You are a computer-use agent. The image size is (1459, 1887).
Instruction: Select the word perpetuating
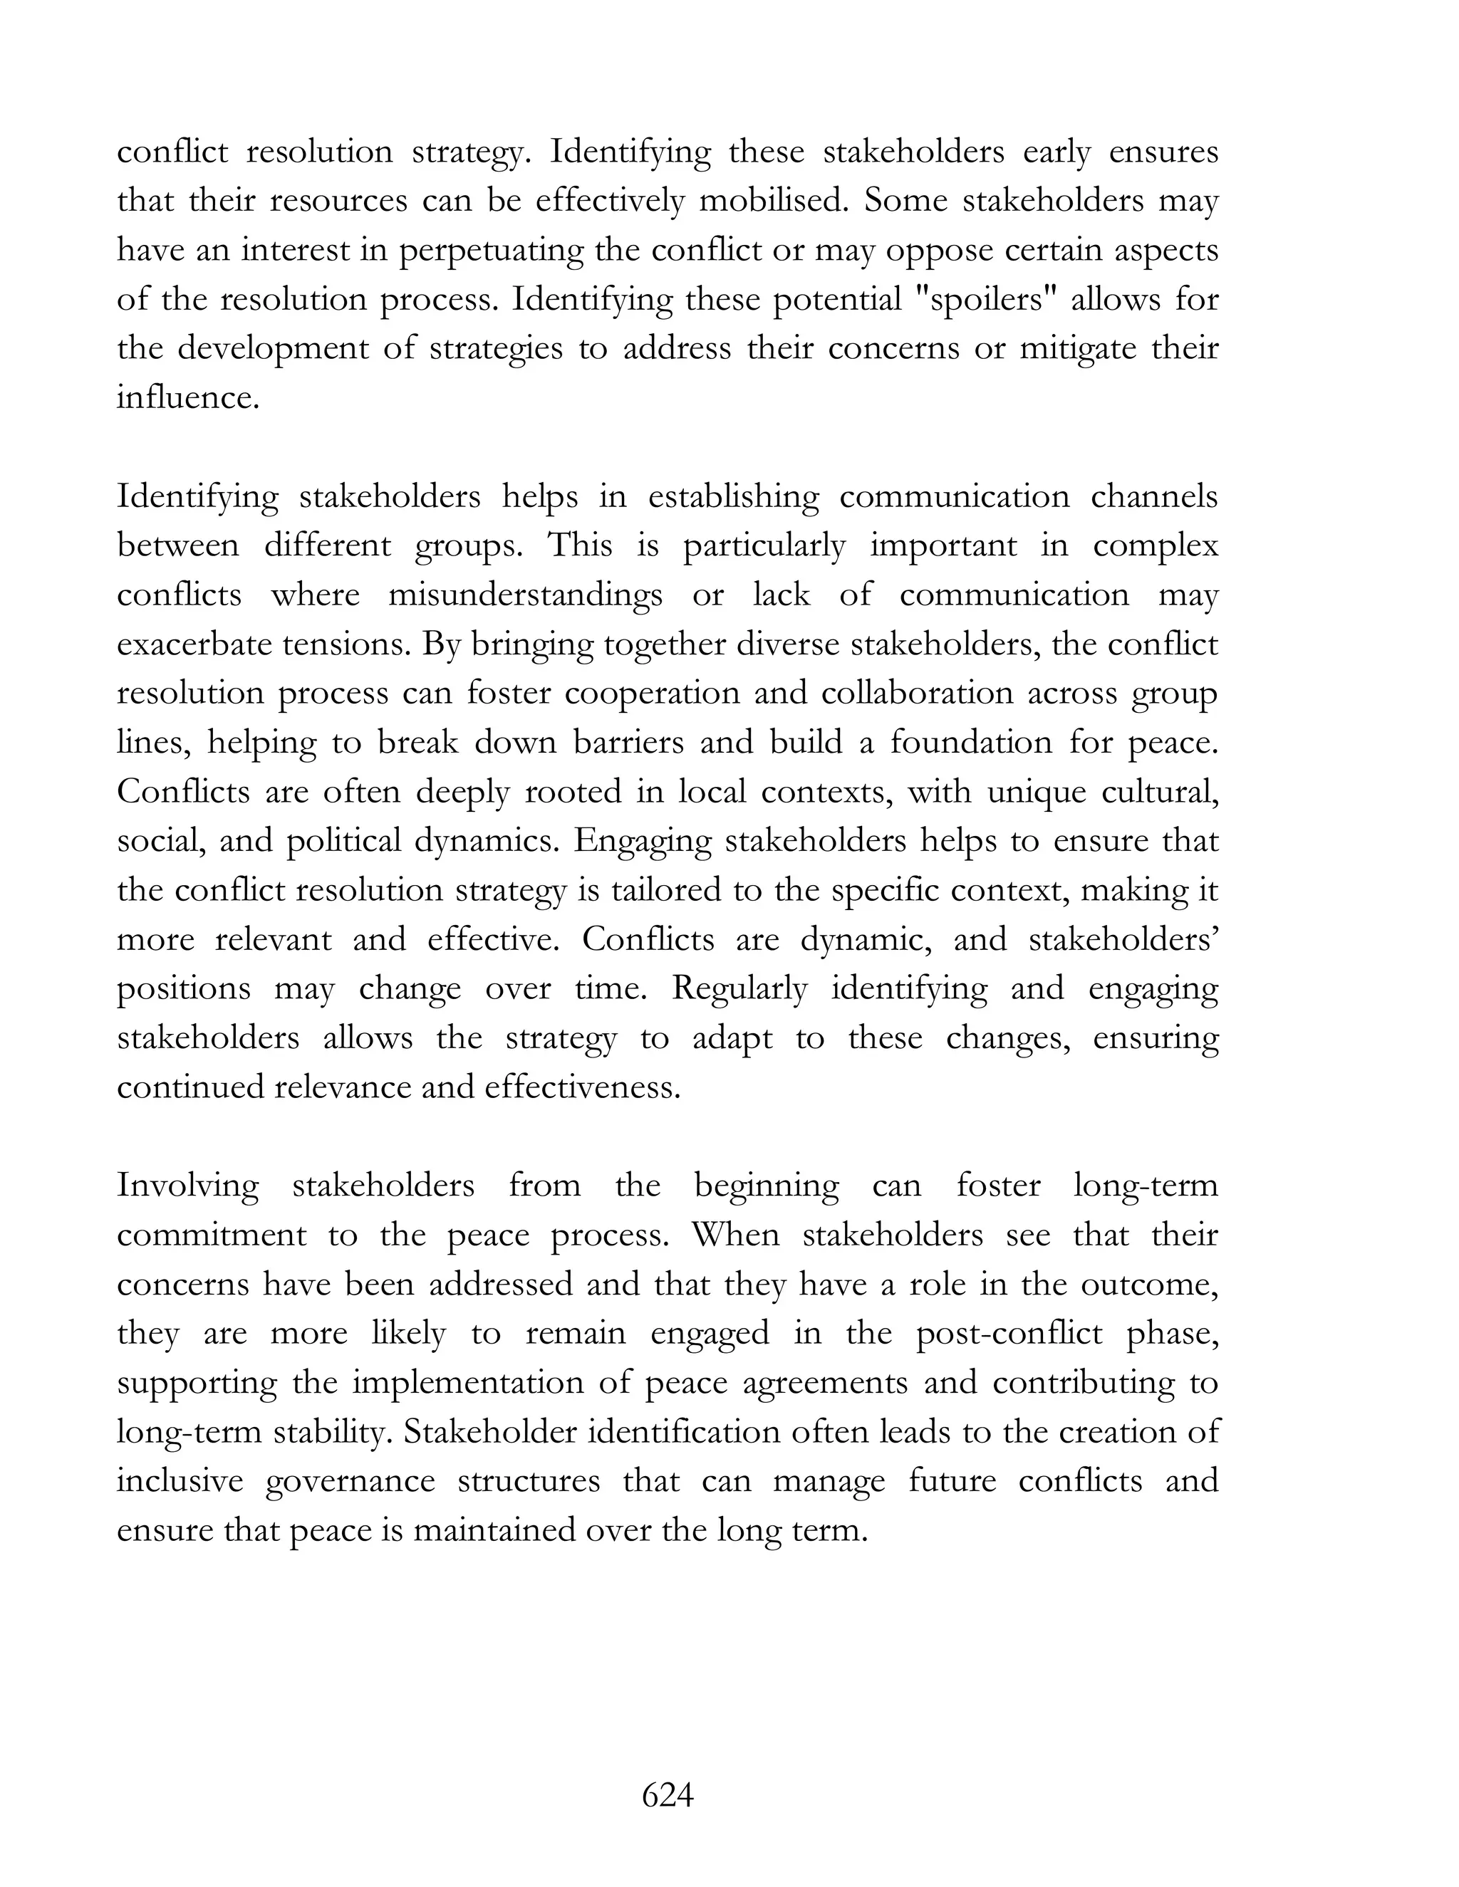pyautogui.click(x=494, y=251)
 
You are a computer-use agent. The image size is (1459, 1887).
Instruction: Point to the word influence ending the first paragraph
pyautogui.click(x=187, y=397)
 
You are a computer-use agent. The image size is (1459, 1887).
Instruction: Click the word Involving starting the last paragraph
pyautogui.click(x=187, y=1186)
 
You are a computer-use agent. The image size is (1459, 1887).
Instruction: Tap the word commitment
pyautogui.click(x=212, y=1235)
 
